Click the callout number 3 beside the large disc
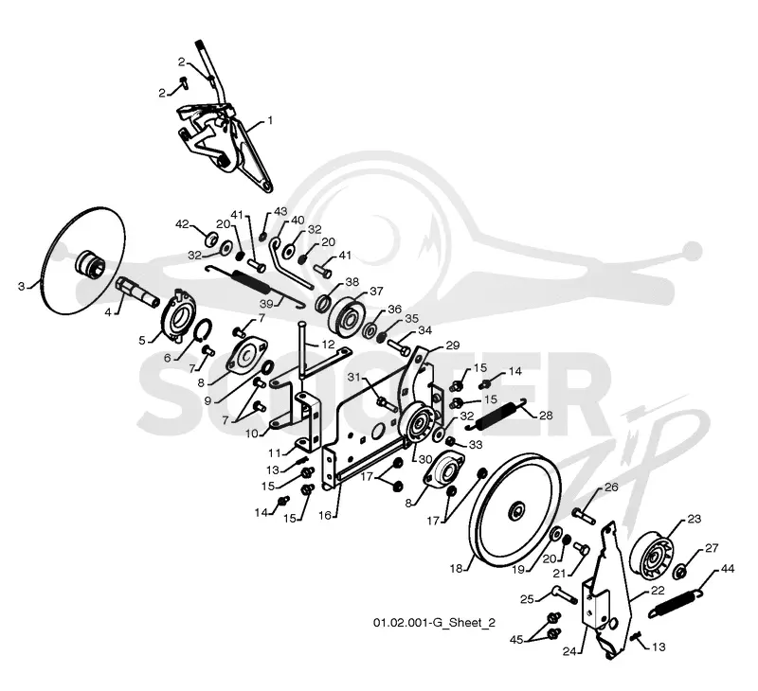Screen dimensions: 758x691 click(21, 287)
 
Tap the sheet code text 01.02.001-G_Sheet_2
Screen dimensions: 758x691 click(434, 623)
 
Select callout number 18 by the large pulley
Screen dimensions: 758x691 click(457, 568)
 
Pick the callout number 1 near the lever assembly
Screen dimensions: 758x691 click(270, 120)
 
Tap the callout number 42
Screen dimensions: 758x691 click(182, 224)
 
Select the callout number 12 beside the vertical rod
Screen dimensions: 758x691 click(328, 345)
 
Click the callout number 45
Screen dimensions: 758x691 click(516, 640)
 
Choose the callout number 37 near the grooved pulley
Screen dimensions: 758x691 click(376, 292)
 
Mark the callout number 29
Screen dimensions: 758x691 click(453, 345)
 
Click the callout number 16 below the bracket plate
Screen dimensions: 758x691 click(325, 515)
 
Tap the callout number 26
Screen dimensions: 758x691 click(611, 487)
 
